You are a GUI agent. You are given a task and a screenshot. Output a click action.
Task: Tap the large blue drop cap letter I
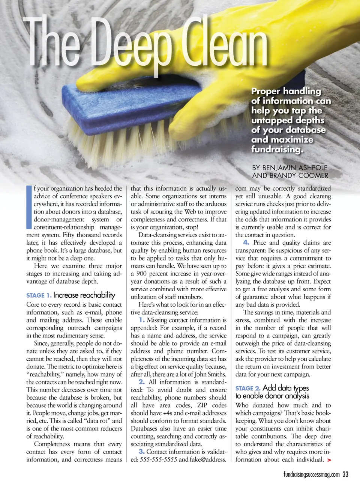tap(29, 207)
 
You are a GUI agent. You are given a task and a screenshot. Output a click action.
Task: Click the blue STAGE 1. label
tap(39, 295)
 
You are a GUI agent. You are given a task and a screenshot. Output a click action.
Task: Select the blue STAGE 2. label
tap(247, 389)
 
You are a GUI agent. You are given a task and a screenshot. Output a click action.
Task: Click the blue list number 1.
tap(142, 320)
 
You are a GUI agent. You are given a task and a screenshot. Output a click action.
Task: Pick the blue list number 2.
tap(142, 382)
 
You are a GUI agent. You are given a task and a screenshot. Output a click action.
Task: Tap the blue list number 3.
tap(141, 452)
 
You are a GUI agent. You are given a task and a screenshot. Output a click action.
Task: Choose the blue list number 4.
tap(246, 243)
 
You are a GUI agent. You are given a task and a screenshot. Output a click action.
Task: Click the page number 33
tap(345, 474)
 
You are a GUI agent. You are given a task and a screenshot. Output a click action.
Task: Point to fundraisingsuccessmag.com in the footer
tap(311, 475)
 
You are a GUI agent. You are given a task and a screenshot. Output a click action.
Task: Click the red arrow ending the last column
tap(329, 460)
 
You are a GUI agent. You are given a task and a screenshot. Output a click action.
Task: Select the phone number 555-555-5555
tap(158, 459)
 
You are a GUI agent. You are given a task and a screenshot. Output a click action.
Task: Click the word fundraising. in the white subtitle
tap(277, 149)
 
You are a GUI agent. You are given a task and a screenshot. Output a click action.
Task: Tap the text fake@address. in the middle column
tap(208, 459)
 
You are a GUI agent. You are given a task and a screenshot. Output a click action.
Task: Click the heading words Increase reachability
tap(84, 295)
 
